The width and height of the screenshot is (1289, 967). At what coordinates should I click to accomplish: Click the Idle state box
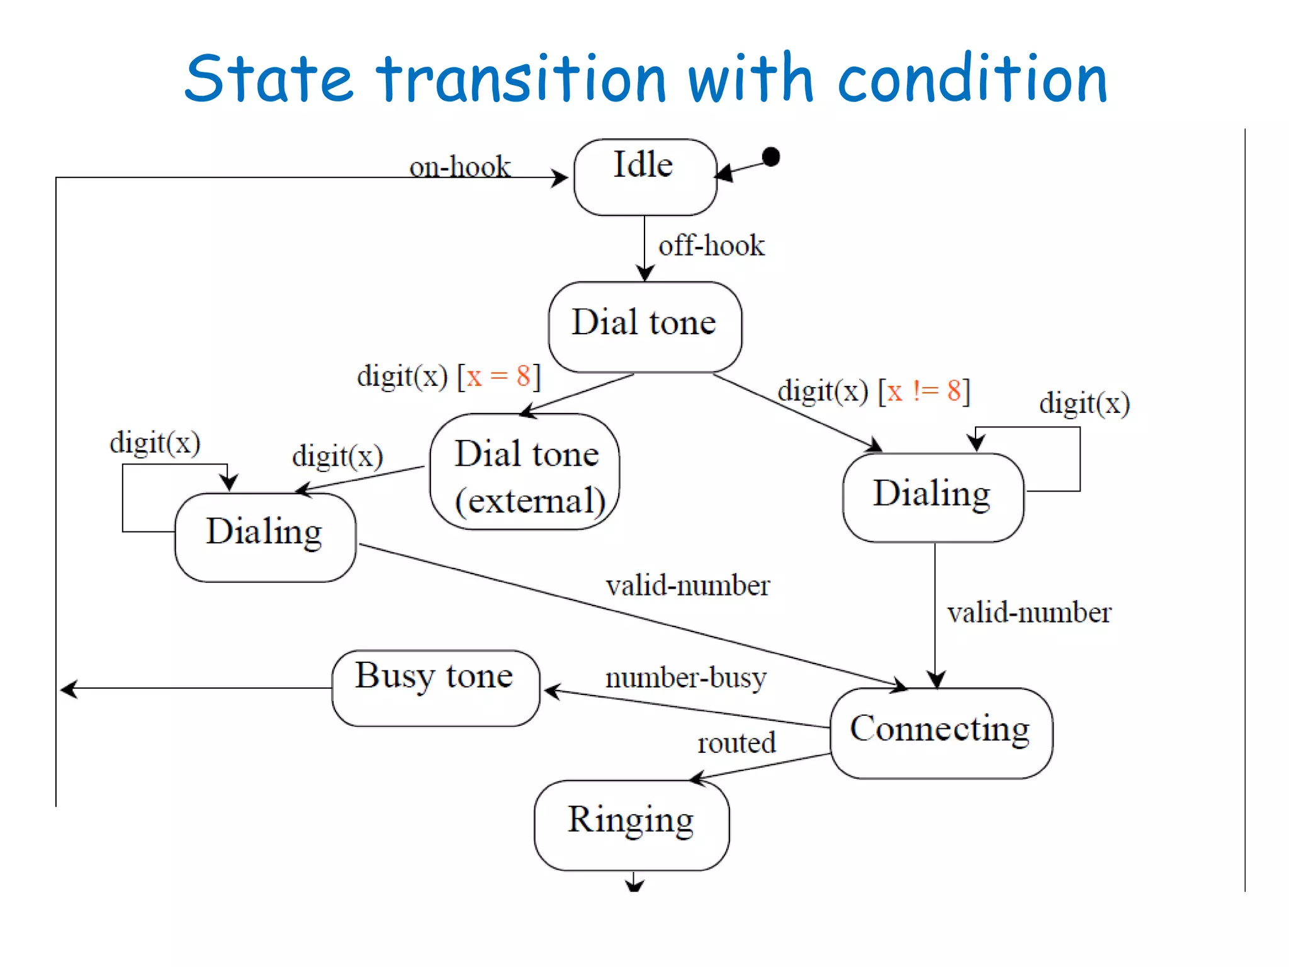click(x=644, y=177)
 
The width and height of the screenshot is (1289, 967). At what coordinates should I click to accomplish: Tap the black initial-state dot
click(x=771, y=156)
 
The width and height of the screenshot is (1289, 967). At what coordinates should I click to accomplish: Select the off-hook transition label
click(x=711, y=246)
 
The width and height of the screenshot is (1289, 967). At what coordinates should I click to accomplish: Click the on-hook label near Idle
click(x=459, y=167)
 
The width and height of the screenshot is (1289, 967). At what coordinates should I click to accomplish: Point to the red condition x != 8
click(x=923, y=391)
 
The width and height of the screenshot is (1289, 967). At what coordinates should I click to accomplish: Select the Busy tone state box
click(x=436, y=688)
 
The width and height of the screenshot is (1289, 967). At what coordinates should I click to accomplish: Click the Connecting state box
click(x=940, y=733)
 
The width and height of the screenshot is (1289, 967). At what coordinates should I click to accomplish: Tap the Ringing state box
click(x=631, y=825)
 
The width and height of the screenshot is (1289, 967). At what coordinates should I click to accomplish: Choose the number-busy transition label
click(x=686, y=677)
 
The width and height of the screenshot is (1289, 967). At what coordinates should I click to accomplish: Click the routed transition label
click(x=736, y=743)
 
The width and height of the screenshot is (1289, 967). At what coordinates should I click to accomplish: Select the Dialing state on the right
click(x=933, y=497)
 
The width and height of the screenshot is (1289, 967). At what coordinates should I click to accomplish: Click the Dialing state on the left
click(x=265, y=536)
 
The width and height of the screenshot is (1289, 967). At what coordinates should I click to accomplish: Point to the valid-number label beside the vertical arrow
click(x=1029, y=613)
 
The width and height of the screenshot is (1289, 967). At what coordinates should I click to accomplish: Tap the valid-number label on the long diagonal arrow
click(x=687, y=585)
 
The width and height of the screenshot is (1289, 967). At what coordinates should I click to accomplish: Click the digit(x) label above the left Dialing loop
click(x=155, y=442)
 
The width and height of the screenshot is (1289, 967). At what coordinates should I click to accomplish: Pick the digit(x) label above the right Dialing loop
click(x=1084, y=403)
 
